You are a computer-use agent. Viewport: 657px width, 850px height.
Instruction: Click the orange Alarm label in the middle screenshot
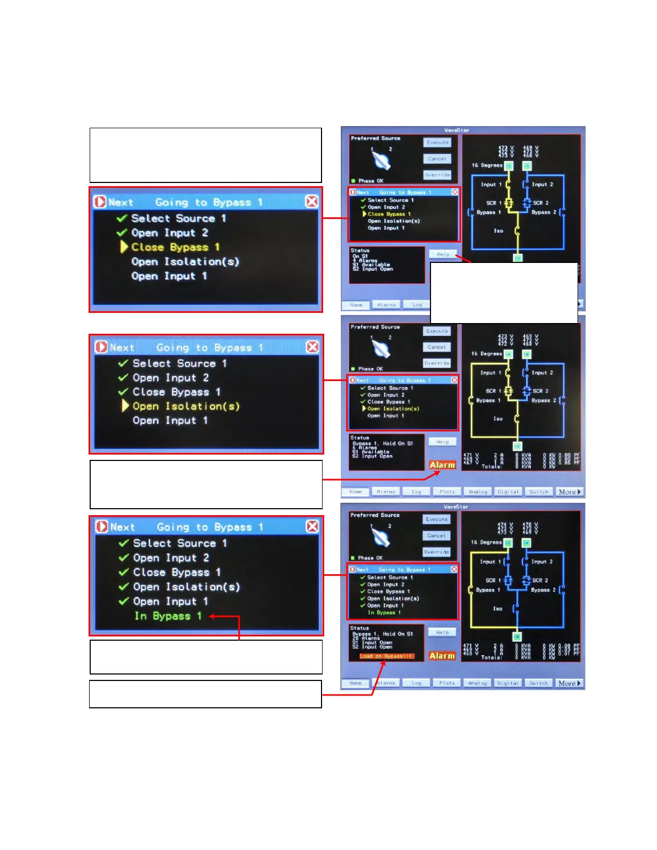pos(442,465)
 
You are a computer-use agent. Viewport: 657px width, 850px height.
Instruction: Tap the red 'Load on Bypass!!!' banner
pos(386,656)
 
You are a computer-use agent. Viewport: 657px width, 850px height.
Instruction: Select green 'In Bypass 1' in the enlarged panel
pos(168,616)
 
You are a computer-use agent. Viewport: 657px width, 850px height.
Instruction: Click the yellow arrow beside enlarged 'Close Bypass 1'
pos(124,247)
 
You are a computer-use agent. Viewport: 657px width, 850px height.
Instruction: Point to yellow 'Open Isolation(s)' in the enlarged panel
pos(186,406)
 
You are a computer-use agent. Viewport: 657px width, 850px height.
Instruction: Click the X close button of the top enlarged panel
pos(311,201)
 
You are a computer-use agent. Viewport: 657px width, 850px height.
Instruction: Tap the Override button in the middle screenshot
pos(437,363)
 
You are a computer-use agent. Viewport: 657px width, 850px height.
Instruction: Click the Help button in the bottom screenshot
pos(442,633)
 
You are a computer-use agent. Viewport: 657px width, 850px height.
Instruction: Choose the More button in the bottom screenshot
pos(569,684)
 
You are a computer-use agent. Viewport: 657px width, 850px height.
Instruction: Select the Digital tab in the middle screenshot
pos(508,492)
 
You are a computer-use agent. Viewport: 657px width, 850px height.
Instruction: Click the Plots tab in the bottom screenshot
pos(447,684)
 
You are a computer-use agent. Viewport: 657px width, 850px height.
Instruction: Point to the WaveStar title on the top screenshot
pos(457,130)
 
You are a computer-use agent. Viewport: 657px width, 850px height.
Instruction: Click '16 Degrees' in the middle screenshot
pos(486,354)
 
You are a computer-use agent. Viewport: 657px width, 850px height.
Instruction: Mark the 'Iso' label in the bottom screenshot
pos(498,609)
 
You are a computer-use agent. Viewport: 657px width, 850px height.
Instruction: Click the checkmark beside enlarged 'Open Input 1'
pos(123,602)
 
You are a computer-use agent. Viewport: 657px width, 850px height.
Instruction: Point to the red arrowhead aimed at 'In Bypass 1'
pos(213,617)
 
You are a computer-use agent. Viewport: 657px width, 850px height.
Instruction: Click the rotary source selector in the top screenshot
pos(381,160)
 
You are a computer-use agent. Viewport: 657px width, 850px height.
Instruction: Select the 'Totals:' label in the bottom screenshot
pos(491,657)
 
